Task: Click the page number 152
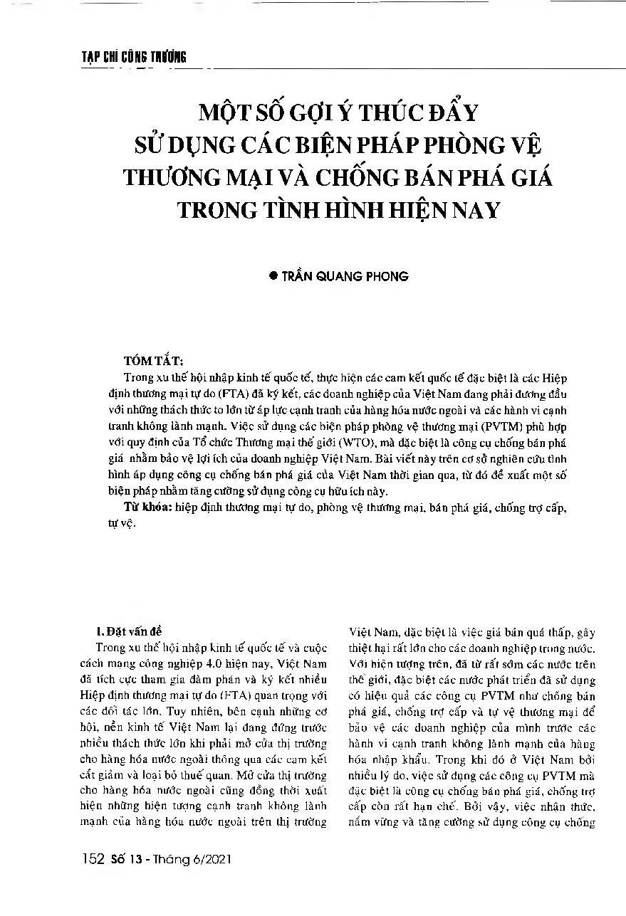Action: pos(94,860)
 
